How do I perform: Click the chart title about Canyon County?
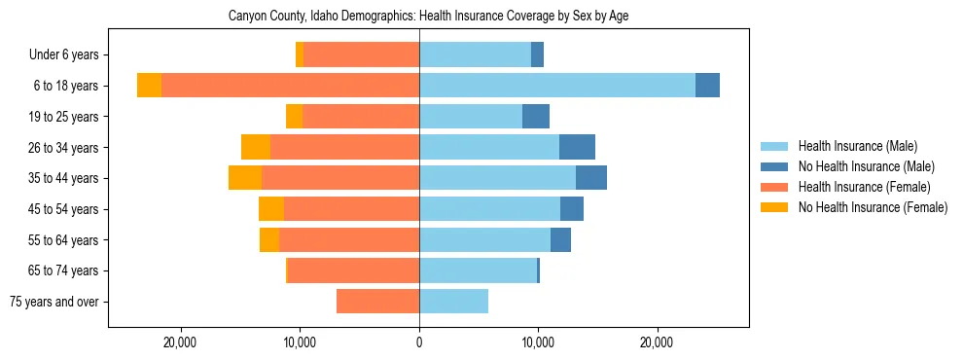click(428, 17)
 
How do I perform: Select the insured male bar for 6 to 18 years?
click(557, 86)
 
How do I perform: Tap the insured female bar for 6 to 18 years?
click(290, 86)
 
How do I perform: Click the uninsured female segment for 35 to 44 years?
click(245, 178)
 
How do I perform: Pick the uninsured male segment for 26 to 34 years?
click(577, 147)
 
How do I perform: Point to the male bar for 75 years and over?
click(453, 302)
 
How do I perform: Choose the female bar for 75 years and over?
click(377, 302)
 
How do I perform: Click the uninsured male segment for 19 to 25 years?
click(536, 117)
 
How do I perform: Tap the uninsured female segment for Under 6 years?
click(300, 54)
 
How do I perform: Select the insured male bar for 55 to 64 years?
click(484, 239)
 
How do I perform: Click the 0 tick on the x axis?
click(419, 342)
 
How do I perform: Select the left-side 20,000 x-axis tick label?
click(181, 342)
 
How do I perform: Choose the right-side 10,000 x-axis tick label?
click(538, 342)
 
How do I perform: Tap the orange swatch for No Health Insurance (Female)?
click(774, 207)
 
